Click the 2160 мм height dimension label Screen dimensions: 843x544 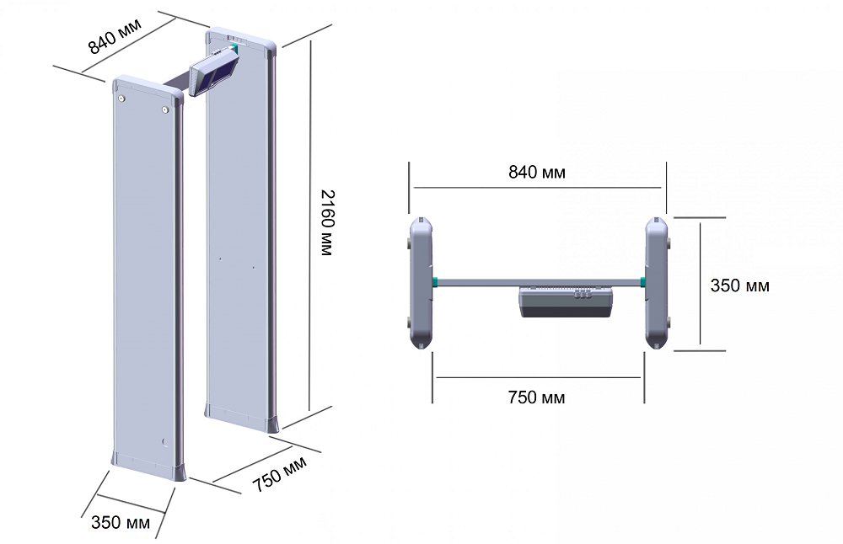[327, 222]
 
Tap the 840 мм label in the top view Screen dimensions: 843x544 [536, 172]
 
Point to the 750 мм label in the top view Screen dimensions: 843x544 [536, 397]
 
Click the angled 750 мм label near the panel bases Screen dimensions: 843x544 [280, 474]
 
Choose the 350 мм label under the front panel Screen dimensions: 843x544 [121, 522]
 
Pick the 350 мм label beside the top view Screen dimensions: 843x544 [739, 285]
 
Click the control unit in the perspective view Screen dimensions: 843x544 [214, 72]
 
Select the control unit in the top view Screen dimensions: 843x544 [566, 301]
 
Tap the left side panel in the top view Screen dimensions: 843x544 [421, 283]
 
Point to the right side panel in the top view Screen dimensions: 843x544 [657, 283]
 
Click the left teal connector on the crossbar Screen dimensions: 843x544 [435, 282]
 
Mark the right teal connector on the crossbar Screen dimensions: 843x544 [642, 282]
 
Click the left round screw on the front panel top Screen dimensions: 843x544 [122, 99]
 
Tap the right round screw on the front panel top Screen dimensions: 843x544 [165, 110]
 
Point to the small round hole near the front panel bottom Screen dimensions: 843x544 [165, 442]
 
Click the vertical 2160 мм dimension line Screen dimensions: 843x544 [310, 226]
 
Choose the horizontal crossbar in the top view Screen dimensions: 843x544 [539, 282]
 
